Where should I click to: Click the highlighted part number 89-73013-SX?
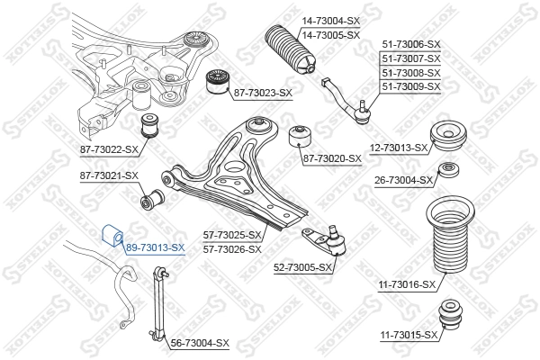click(155, 247)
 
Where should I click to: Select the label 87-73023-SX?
click(262, 93)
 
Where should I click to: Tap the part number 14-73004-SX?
click(329, 22)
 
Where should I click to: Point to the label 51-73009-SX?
click(410, 86)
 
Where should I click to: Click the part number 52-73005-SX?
click(302, 267)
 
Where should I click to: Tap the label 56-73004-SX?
click(199, 343)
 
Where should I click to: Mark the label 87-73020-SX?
click(331, 158)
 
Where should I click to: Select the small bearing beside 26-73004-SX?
click(446, 171)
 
